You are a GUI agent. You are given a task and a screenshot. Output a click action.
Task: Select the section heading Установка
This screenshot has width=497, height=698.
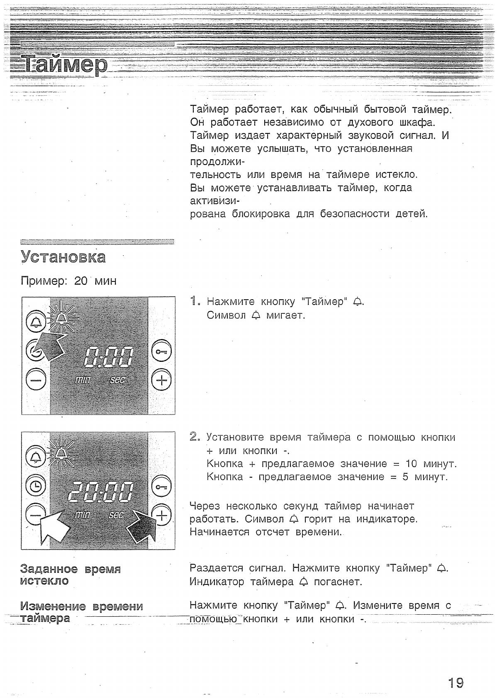coord(63,257)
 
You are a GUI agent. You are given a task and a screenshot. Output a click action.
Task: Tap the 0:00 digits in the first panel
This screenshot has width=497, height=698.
coord(109,356)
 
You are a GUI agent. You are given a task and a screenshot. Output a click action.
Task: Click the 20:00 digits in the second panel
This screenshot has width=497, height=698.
coord(101,492)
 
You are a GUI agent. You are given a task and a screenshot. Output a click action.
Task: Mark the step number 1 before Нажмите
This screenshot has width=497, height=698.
coord(193,301)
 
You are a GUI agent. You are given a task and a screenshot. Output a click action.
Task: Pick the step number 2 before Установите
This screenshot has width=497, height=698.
coord(194,437)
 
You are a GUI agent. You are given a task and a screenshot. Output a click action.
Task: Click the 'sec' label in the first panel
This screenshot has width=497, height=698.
coord(117,379)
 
